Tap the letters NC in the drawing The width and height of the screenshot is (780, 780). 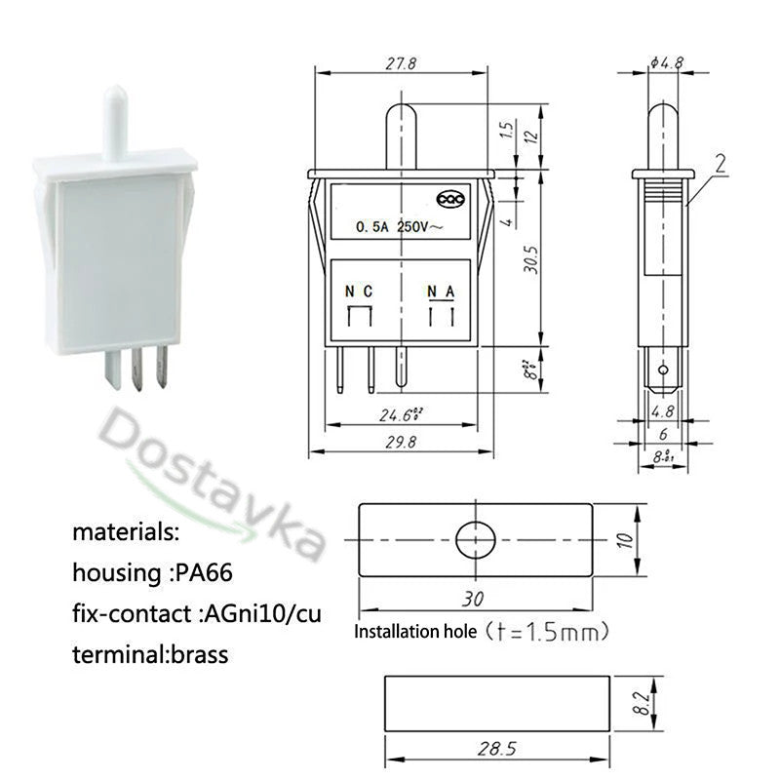tap(358, 292)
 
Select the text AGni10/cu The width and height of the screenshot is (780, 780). tap(260, 614)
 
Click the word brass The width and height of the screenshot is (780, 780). tap(197, 655)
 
